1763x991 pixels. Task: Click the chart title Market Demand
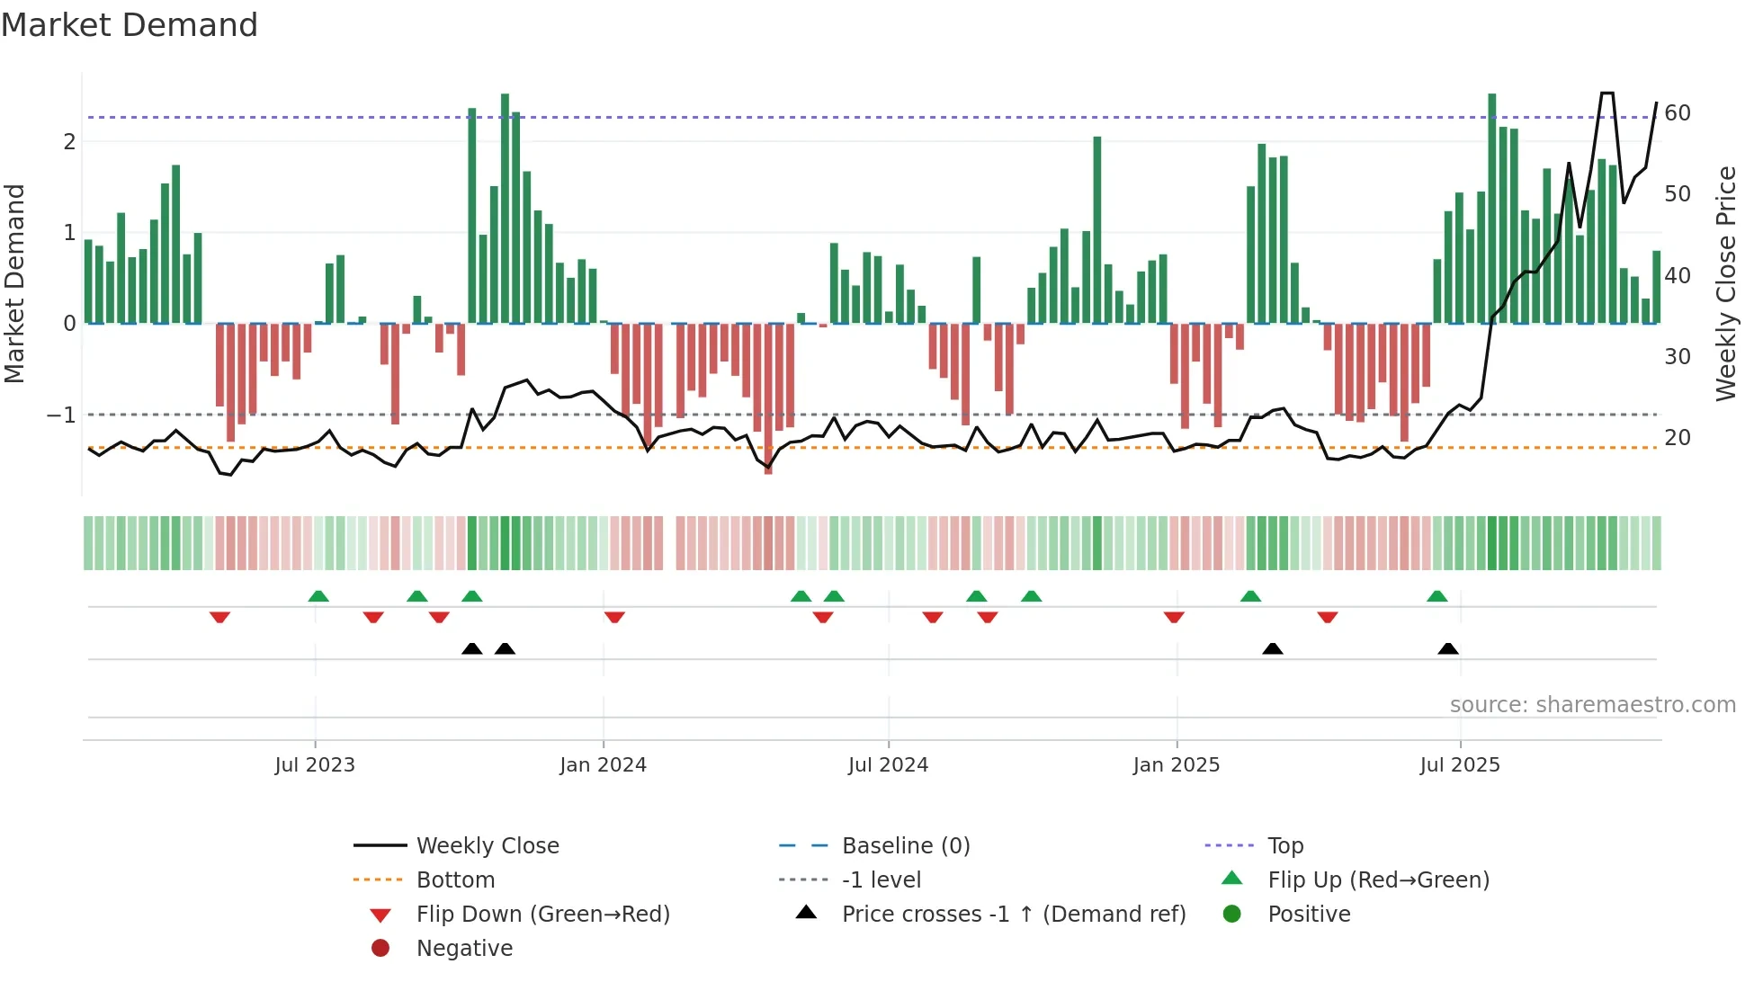click(x=130, y=25)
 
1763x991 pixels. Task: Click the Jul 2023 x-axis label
click(x=315, y=765)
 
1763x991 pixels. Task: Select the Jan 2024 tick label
click(x=603, y=765)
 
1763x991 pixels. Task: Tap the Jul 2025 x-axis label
click(x=1460, y=765)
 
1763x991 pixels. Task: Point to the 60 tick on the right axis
click(x=1678, y=113)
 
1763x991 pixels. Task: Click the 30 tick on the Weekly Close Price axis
click(x=1678, y=357)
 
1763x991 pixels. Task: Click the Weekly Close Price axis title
click(x=1725, y=283)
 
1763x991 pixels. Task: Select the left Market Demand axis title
click(x=15, y=283)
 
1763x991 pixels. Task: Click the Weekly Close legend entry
click(x=487, y=846)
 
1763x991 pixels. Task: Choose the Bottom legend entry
click(x=455, y=880)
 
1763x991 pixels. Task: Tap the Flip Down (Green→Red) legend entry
click(x=542, y=915)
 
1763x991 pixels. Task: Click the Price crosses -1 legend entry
click(x=1013, y=915)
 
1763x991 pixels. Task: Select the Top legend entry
click(x=1285, y=846)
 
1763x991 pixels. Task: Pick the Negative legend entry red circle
click(x=380, y=949)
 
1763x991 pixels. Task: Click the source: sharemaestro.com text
click(x=1592, y=705)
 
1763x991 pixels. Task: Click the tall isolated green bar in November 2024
click(x=1097, y=229)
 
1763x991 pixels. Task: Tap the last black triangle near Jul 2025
click(x=1448, y=649)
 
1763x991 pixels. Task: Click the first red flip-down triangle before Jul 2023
click(x=219, y=617)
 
